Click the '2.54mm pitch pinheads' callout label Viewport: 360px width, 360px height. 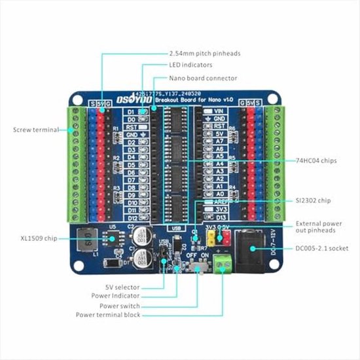(203, 53)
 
